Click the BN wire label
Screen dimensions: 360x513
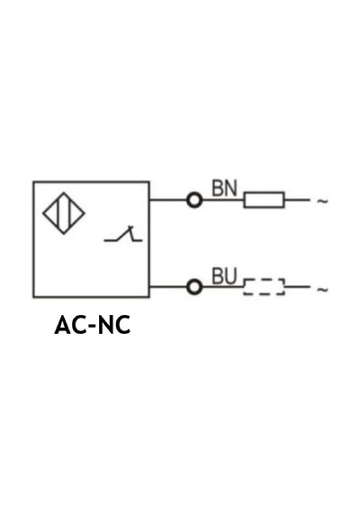pos(224,188)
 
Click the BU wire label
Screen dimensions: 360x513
pos(224,276)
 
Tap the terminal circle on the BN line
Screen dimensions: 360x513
pos(194,200)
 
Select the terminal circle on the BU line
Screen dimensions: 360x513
pos(194,287)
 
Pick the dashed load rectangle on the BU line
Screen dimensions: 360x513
pos(264,279)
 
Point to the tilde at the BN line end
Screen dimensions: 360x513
pos(322,201)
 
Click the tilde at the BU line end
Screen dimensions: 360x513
pos(322,289)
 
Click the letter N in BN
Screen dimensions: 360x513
pos(230,188)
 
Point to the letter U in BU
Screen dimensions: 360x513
pos(230,276)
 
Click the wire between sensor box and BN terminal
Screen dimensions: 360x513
pos(168,200)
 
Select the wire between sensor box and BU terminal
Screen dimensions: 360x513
pos(168,287)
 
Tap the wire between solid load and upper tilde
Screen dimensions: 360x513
pos(297,200)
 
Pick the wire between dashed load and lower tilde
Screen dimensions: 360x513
pos(297,287)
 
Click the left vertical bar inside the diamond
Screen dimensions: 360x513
pos(58,213)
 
